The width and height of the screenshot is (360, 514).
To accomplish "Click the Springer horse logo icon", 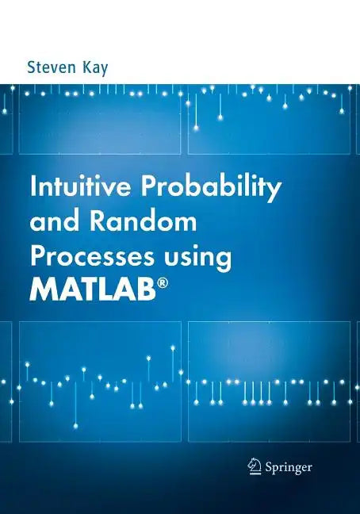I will click(255, 466).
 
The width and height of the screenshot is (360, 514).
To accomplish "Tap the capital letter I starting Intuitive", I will click(33, 189).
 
